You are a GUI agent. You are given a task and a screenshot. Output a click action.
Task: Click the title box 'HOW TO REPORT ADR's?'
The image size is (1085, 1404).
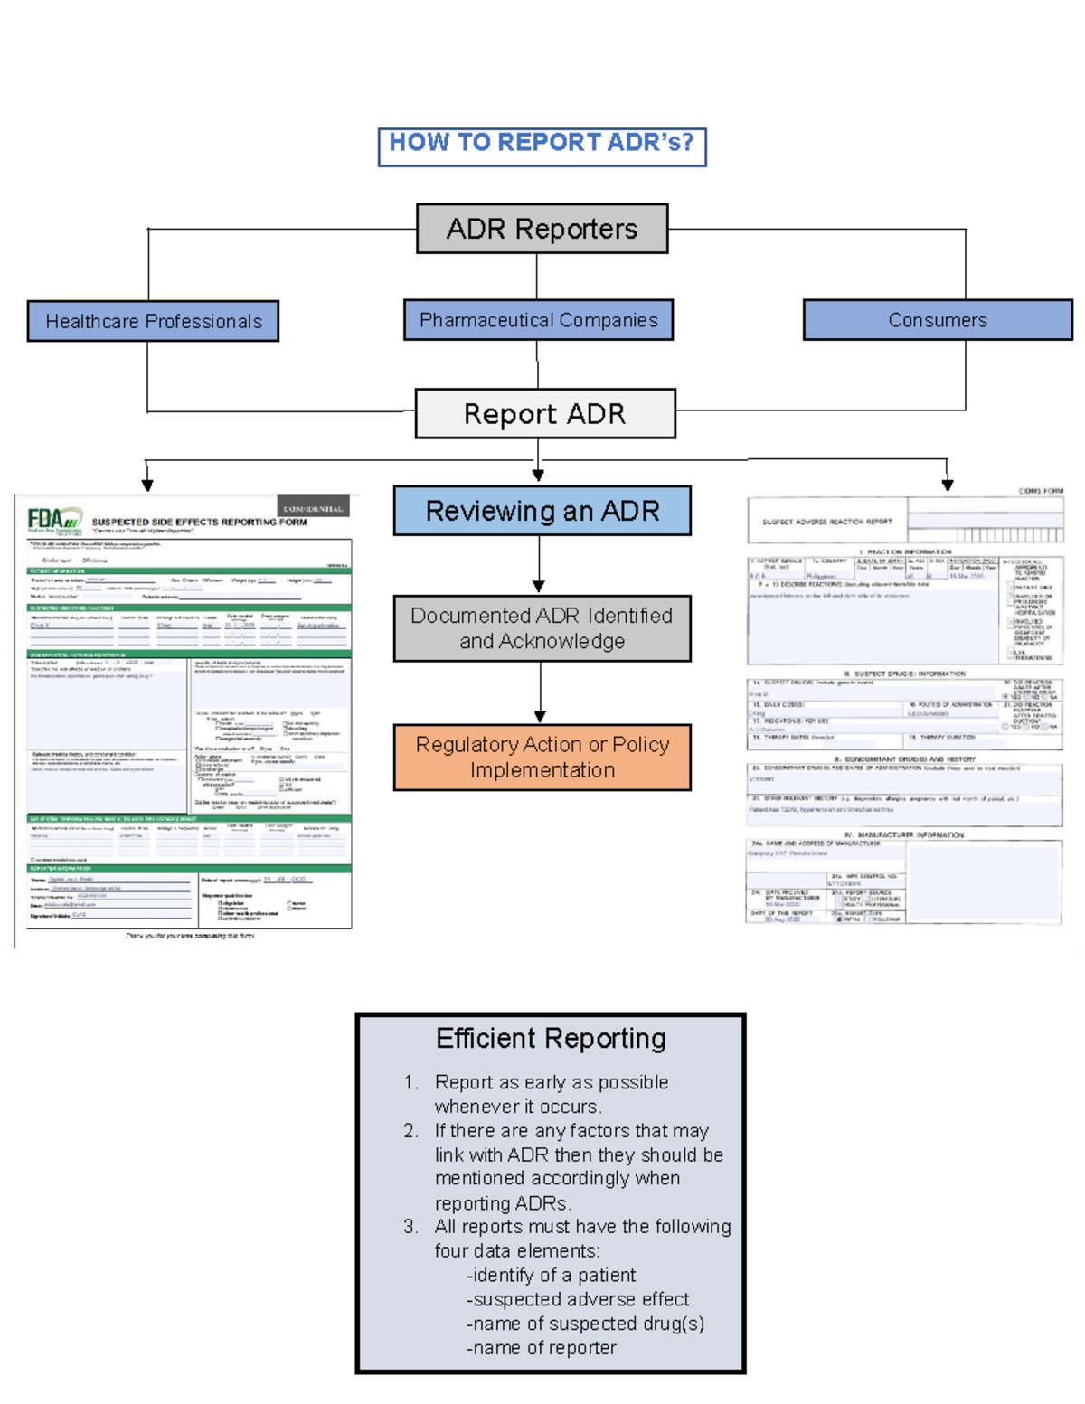(x=542, y=146)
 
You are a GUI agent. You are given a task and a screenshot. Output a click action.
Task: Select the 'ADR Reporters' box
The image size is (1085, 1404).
(x=542, y=229)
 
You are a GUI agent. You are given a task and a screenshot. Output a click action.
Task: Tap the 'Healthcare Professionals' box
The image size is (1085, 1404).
(x=153, y=321)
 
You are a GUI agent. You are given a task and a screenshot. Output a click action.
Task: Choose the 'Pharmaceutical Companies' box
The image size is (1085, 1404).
(x=538, y=320)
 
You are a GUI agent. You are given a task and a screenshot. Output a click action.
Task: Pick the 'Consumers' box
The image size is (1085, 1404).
(x=937, y=320)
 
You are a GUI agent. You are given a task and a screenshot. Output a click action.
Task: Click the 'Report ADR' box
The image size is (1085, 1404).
(x=544, y=414)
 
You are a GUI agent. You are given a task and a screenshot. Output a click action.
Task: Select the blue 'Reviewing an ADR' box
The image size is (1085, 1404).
(x=542, y=511)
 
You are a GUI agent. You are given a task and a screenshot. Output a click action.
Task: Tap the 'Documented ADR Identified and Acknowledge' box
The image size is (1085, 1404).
(x=542, y=628)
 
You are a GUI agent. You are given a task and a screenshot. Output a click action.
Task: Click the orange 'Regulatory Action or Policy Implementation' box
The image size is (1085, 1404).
(x=542, y=758)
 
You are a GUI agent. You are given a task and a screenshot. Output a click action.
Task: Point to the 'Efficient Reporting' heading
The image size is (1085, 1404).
(x=551, y=1039)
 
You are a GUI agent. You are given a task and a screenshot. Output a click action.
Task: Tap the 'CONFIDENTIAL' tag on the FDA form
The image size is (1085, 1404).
(x=313, y=508)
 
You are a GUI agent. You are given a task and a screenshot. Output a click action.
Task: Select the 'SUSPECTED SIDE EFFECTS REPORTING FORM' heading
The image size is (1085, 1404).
(x=199, y=522)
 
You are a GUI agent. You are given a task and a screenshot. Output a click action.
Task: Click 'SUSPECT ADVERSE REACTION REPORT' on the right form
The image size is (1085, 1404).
(x=826, y=522)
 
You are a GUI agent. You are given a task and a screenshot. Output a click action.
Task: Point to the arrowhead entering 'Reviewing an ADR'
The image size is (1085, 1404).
(x=538, y=476)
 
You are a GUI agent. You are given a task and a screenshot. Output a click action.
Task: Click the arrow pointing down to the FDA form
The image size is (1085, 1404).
(x=147, y=485)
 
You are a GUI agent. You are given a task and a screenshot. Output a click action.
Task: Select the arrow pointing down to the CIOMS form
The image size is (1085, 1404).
(x=947, y=485)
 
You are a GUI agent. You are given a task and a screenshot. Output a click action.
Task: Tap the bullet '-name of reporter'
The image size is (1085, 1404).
(x=541, y=1348)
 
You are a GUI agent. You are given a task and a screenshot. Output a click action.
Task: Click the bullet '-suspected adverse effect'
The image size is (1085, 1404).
(x=577, y=1299)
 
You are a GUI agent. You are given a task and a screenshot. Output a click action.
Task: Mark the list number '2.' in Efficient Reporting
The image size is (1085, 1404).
(x=410, y=1131)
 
